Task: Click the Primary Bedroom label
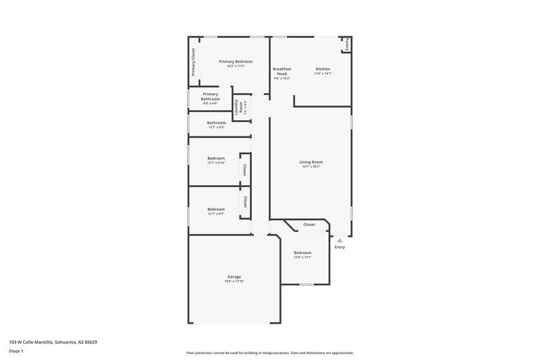236,61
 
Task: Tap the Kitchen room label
323,68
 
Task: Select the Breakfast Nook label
281,70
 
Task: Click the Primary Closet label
194,62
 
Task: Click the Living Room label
311,161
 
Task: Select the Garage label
234,276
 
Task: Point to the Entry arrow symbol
340,240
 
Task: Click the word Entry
340,247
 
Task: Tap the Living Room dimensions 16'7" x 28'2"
311,166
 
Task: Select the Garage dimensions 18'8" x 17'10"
234,281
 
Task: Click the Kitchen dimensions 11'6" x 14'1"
323,74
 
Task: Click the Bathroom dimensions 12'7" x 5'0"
217,127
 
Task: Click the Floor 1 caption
16,351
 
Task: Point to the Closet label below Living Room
308,224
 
